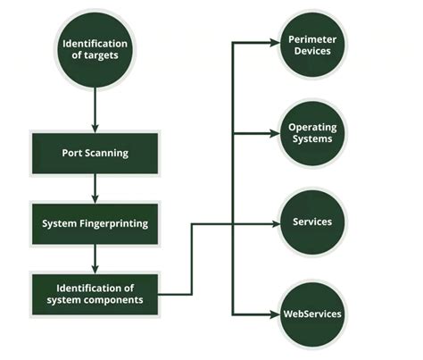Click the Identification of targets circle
95,51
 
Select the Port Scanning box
95,153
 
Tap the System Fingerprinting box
95,223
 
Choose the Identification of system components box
95,294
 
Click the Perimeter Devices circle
311,44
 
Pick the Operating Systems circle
311,133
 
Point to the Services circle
311,222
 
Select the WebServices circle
311,314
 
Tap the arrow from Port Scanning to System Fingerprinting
95,188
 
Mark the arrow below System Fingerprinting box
95,259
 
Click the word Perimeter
311,38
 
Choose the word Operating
311,127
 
